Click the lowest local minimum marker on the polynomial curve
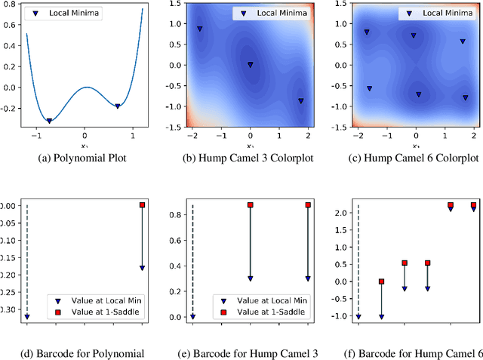click(50, 121)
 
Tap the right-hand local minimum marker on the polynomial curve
click(118, 106)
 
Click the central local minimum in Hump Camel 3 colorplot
click(251, 65)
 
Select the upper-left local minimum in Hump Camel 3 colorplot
click(200, 29)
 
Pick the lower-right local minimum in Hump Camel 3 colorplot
click(300, 100)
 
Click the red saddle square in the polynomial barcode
click(142, 205)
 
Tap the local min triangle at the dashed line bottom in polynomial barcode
click(27, 317)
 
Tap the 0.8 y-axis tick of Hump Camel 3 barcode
click(174, 214)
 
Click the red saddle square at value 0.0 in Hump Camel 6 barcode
click(382, 282)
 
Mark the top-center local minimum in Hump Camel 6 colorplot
click(413, 35)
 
